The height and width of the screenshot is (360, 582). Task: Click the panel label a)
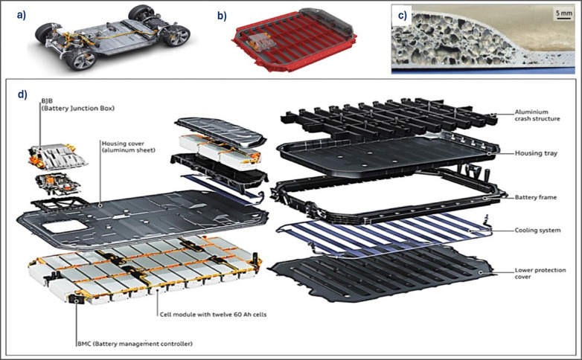point(21,15)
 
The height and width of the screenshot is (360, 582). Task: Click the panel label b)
point(222,16)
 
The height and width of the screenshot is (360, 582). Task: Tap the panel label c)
point(403,16)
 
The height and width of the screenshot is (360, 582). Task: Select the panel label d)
point(22,94)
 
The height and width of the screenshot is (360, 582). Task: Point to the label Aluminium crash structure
point(537,115)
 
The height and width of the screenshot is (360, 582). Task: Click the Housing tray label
point(536,153)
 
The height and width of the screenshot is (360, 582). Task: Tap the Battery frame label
point(536,197)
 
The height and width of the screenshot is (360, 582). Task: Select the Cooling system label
point(537,230)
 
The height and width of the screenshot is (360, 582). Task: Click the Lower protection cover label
point(540,273)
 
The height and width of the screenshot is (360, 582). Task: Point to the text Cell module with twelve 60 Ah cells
point(213,315)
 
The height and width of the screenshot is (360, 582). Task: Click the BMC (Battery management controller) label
point(135,344)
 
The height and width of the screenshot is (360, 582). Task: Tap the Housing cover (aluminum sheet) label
point(129,147)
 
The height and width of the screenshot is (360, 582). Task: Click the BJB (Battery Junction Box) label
point(78,105)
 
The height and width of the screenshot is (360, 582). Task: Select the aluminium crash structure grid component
point(388,116)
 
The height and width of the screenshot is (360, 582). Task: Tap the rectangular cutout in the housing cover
point(65,226)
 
